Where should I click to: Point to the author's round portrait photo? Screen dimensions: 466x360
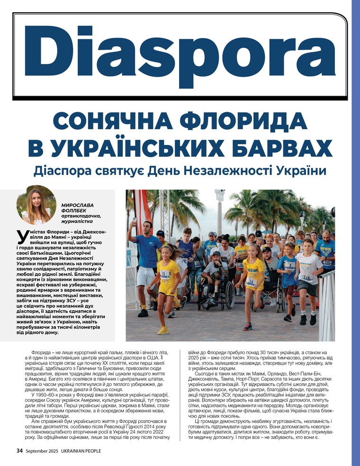point(36,205)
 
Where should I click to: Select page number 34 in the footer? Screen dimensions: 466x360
point(20,450)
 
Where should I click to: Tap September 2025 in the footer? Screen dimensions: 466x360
point(44,451)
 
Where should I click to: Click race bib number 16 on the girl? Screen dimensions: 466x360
point(164,273)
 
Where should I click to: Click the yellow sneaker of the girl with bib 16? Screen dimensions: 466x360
point(162,330)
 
